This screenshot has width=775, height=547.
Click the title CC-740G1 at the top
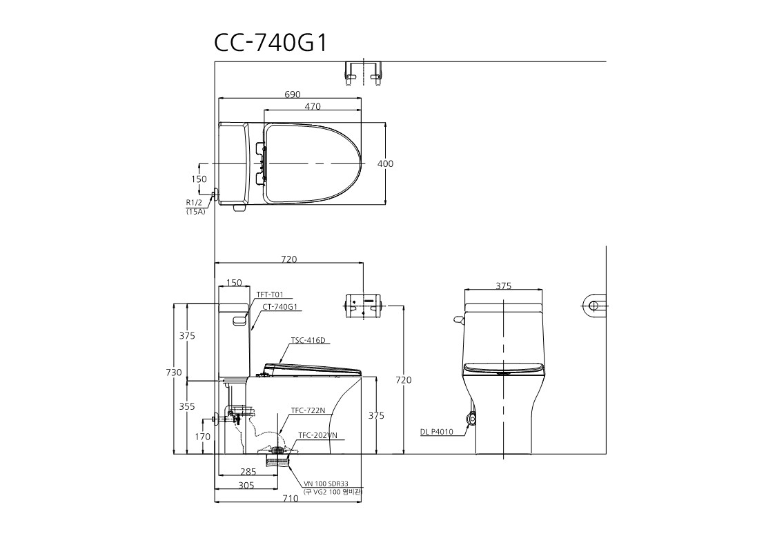[271, 43]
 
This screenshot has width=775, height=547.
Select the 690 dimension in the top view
[293, 95]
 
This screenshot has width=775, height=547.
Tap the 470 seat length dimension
[313, 106]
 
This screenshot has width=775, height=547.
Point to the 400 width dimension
[386, 163]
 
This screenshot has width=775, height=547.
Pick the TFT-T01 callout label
[270, 295]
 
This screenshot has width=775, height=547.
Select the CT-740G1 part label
[279, 306]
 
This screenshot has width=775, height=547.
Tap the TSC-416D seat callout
[308, 340]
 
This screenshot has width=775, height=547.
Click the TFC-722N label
[308, 410]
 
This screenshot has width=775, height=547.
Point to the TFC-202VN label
[318, 435]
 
